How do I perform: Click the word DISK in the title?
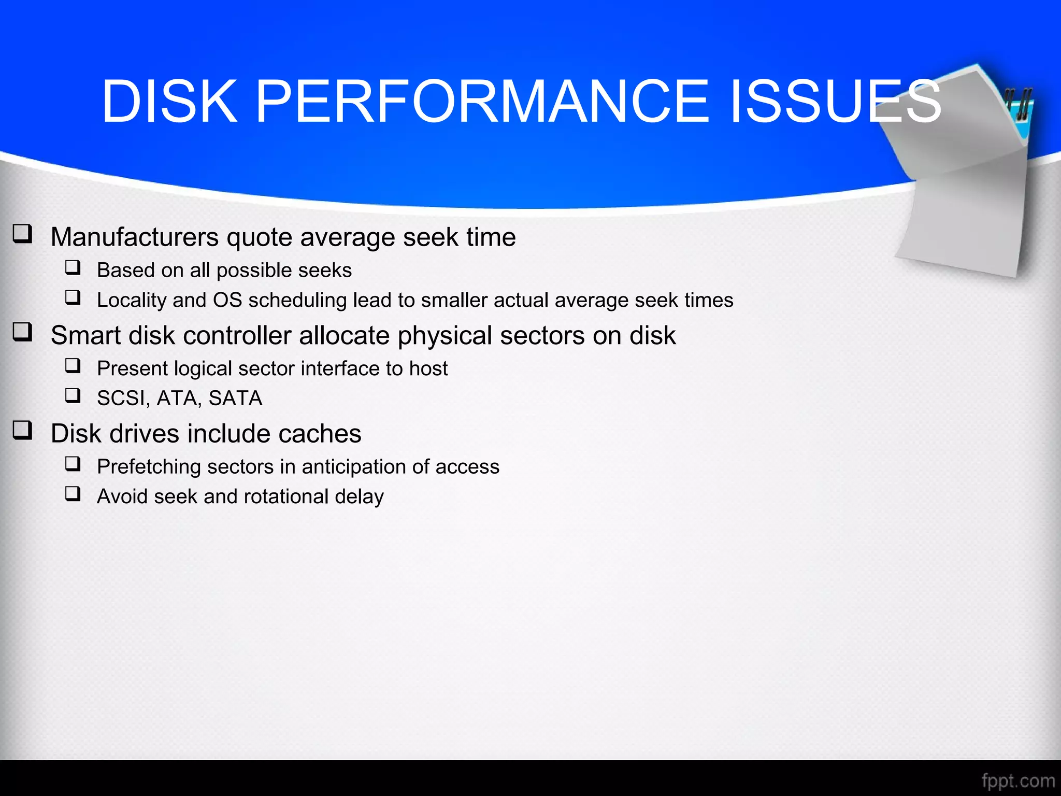[x=169, y=102]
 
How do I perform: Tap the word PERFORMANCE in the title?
[x=482, y=102]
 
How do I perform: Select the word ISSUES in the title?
[x=835, y=102]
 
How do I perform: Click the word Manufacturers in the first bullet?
[x=135, y=237]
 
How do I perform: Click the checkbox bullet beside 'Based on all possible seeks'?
[x=73, y=268]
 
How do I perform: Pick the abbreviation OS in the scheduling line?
[x=227, y=301]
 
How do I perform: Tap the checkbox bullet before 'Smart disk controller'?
[x=23, y=332]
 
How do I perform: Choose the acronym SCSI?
[x=123, y=399]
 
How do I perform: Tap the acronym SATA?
[x=235, y=399]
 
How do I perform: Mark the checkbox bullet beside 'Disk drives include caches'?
[x=23, y=430]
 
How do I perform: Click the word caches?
[x=320, y=434]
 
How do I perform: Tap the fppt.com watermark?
[x=1018, y=780]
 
